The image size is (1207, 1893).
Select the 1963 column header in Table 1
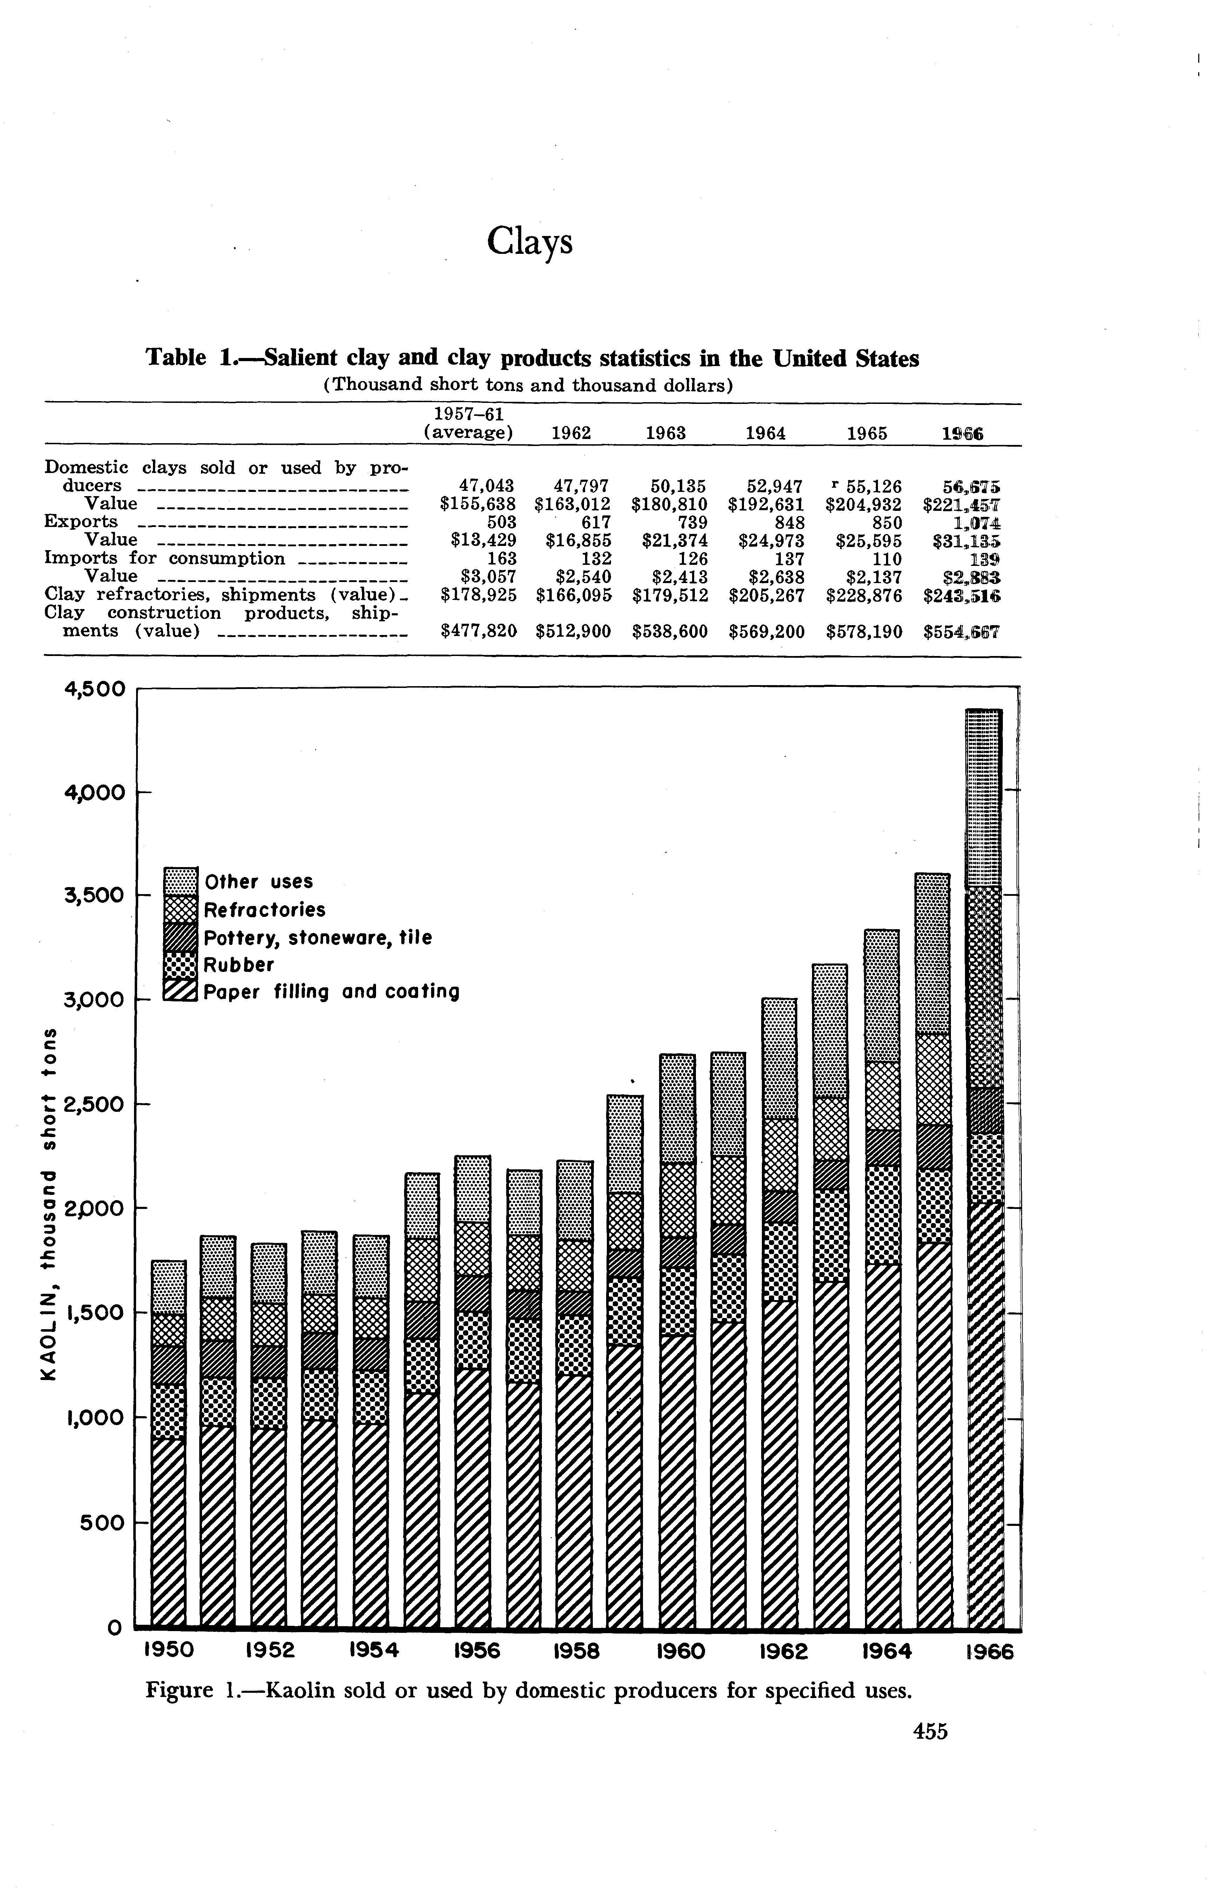(665, 433)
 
